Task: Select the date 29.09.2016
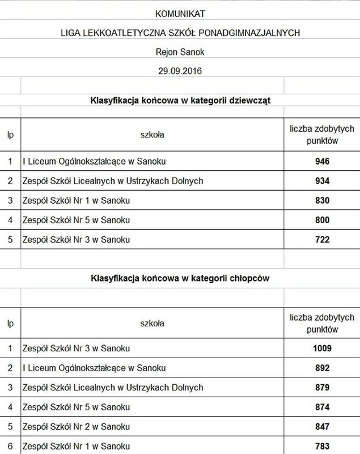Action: coord(180,71)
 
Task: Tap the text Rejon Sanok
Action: coord(180,52)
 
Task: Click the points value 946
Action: coord(322,161)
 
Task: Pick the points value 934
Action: coord(322,181)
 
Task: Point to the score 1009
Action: coord(322,348)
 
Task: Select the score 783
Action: coord(322,446)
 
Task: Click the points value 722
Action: coord(322,239)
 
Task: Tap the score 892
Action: coord(322,368)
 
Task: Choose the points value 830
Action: coord(322,200)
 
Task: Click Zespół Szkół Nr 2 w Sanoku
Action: coord(76,427)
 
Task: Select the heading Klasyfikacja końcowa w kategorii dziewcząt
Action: coord(180,100)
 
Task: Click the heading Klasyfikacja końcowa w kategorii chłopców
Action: coord(180,279)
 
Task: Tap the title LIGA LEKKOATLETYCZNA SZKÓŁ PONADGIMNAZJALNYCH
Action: coord(180,32)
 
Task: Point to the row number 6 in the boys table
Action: coord(10,446)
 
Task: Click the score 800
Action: coord(322,220)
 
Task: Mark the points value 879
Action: coord(322,388)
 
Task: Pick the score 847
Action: coord(322,427)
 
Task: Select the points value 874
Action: coord(322,407)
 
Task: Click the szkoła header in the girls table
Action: coord(152,135)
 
